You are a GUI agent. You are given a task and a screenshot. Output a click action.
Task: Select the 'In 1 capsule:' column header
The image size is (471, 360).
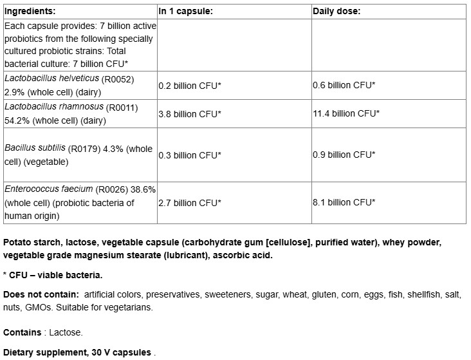(x=185, y=12)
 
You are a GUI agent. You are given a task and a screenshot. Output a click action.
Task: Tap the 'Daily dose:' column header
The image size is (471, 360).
(x=336, y=12)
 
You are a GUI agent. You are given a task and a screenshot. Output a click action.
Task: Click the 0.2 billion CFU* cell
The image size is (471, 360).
(x=190, y=85)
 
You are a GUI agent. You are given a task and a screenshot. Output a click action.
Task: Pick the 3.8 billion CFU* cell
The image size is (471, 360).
(x=190, y=113)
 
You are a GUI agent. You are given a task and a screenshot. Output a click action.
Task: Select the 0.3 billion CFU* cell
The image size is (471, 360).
(x=190, y=155)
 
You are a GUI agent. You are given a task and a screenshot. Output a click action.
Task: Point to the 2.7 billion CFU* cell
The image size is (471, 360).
(x=190, y=202)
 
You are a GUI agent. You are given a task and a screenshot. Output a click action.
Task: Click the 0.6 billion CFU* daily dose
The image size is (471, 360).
(x=344, y=85)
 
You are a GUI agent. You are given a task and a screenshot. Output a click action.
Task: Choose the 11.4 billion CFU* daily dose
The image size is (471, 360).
(x=346, y=113)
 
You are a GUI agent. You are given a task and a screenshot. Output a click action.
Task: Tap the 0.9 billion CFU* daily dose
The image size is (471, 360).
(x=344, y=155)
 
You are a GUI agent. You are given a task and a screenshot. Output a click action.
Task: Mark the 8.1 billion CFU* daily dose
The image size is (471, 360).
(x=344, y=202)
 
